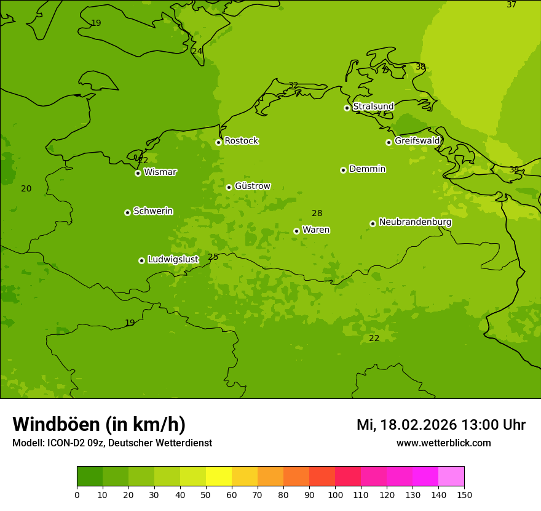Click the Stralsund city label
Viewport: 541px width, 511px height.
pos(373,107)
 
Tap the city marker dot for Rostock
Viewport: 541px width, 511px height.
pos(218,142)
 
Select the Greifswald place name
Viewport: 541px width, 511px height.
pos(417,141)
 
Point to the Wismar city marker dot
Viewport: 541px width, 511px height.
pos(138,173)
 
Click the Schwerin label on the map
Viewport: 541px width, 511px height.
pos(153,211)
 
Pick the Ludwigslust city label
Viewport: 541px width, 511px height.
pos(173,260)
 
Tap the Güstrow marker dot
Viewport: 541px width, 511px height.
pos(229,187)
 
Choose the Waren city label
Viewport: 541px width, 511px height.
pos(316,230)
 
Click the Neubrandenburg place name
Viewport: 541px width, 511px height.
pos(415,222)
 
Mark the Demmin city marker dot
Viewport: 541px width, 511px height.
pos(343,170)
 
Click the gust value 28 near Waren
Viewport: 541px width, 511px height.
pos(317,214)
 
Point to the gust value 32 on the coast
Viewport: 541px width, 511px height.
pos(293,86)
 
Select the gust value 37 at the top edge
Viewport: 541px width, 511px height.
pos(511,5)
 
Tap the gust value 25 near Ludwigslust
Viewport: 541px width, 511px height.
pos(213,257)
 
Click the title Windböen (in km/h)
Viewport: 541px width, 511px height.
pos(99,424)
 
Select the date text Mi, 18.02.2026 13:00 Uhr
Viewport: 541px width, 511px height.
pos(441,425)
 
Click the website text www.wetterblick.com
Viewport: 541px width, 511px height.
pos(443,443)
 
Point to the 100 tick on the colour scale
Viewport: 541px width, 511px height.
pos(335,494)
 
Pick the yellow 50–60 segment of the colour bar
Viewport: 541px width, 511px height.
pos(219,476)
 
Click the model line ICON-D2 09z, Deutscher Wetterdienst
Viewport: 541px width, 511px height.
pos(112,443)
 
